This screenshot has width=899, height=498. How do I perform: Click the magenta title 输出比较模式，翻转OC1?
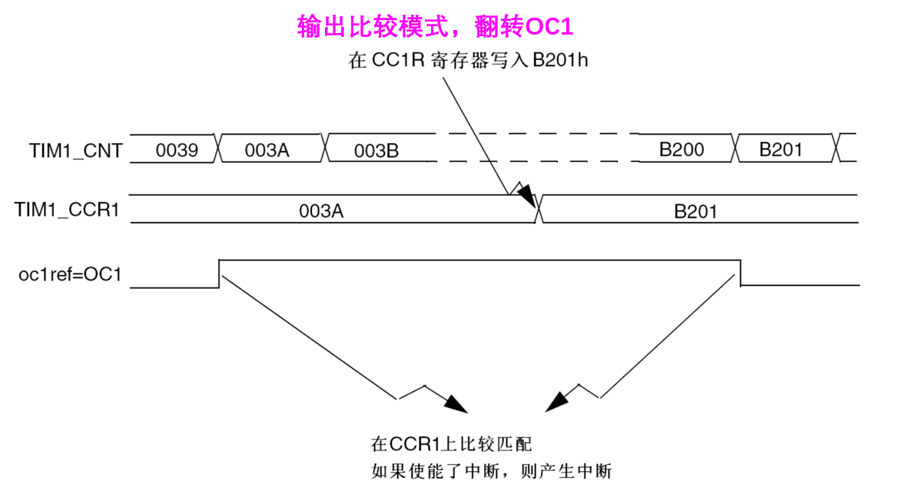click(x=436, y=27)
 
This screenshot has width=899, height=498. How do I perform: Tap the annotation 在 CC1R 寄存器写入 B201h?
click(x=469, y=61)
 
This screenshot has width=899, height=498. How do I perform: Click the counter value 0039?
click(x=177, y=151)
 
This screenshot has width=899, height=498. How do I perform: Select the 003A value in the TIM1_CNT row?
click(x=267, y=151)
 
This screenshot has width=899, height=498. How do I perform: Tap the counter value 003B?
click(x=376, y=151)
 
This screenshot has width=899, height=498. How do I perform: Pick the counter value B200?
click(x=682, y=149)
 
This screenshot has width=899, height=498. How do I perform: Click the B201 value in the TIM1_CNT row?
click(x=781, y=149)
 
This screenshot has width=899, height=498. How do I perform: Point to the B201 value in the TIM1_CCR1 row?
click(x=695, y=211)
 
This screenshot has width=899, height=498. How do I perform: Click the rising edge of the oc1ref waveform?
click(x=220, y=274)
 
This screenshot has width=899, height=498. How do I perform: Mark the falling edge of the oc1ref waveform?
click(x=741, y=274)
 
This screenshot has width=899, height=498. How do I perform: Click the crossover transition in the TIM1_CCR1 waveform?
click(x=539, y=208)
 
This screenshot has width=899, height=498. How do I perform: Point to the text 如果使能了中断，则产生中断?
click(x=491, y=471)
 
